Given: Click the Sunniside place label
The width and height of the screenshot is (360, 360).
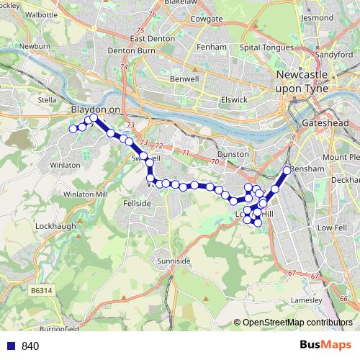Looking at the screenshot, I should coord(173,260).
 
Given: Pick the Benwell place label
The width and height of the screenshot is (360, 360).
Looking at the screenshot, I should coord(184,78).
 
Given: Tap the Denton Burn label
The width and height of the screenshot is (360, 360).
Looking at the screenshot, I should coord(127,51).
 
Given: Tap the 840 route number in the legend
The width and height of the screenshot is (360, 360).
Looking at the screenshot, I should coord(30,346).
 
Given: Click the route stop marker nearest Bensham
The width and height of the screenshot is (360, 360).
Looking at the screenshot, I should coord(287,171).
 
